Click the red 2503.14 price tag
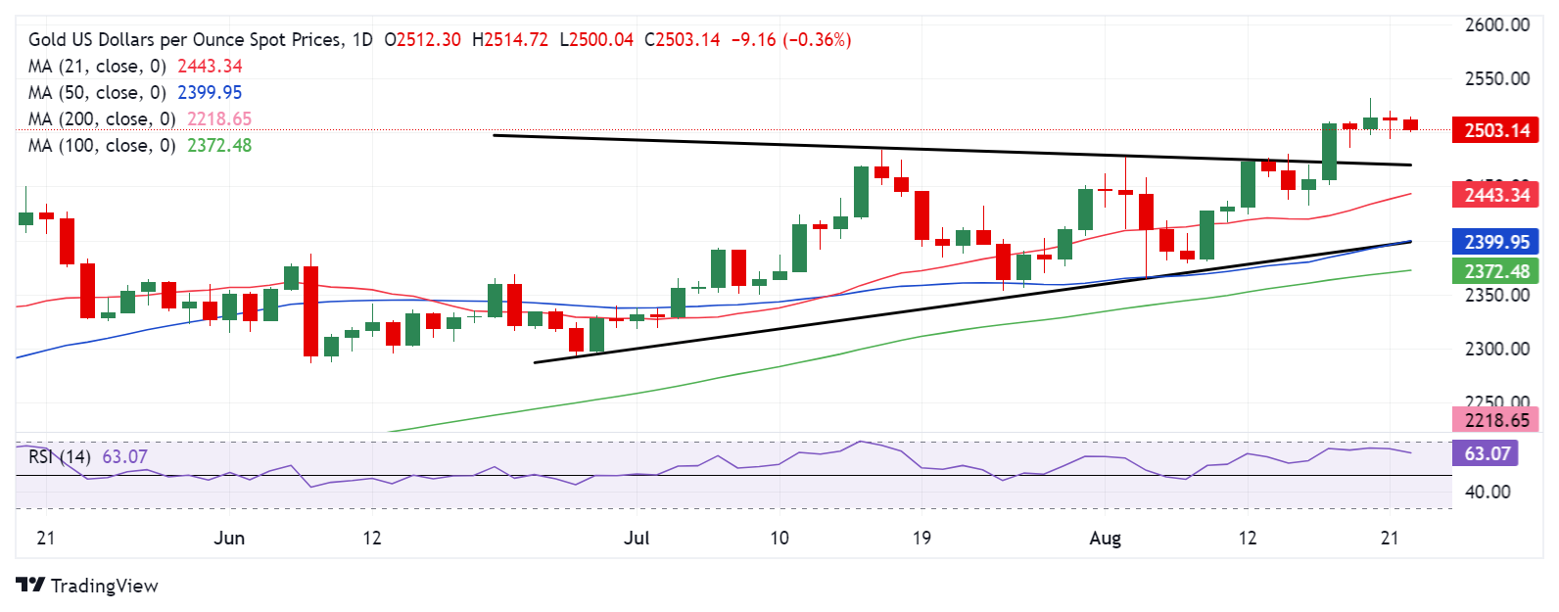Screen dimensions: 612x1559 1496,130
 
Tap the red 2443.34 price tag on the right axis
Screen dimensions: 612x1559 1496,195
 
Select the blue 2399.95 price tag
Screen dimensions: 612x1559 1496,242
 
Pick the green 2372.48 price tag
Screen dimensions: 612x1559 1496,270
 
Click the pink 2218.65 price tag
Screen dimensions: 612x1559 1496,420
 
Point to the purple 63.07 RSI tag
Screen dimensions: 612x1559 1488,453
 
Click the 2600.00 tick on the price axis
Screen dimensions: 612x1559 1496,25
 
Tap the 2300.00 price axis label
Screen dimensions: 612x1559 1496,349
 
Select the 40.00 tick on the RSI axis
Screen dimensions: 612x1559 1487,492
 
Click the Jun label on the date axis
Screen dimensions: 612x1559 229,538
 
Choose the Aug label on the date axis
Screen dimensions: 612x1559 1106,538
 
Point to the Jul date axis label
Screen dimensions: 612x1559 637,538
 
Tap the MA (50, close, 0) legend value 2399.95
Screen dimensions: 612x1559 210,93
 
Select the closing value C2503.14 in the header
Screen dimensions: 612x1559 682,40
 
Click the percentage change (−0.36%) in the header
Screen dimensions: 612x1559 817,40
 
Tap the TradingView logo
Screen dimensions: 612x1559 87,586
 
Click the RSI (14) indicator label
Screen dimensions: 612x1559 60,457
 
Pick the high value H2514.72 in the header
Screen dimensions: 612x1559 509,40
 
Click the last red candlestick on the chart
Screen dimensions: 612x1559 1410,124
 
